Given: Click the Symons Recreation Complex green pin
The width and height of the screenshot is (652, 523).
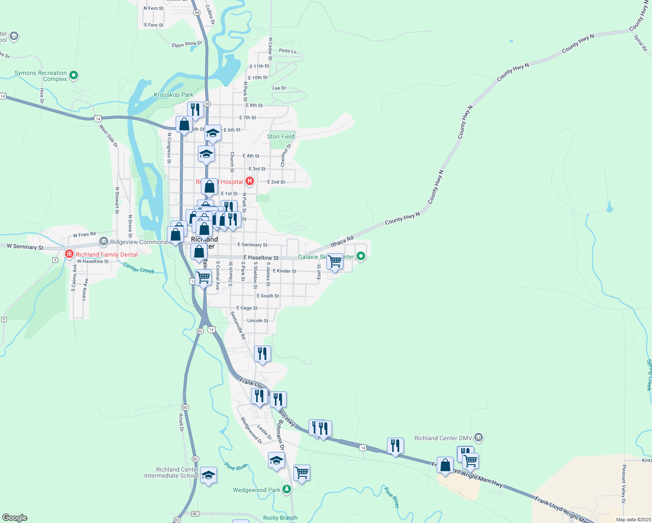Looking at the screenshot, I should (74, 75).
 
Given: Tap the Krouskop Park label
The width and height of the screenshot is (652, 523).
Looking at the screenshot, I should (173, 95).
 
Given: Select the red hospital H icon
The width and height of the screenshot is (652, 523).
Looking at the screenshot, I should (250, 181).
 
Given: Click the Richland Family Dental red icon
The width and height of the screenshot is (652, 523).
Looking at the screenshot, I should (69, 254).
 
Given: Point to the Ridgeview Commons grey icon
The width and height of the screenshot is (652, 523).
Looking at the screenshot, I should (104, 241).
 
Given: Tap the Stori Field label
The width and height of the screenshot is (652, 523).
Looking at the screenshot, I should (281, 136).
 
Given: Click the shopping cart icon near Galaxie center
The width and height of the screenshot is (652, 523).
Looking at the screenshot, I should (335, 261).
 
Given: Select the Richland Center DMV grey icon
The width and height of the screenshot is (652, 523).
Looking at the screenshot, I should (479, 437).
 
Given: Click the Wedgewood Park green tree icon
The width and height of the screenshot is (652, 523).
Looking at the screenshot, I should (286, 489).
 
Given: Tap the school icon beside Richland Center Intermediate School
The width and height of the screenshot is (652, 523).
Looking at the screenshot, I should (208, 475).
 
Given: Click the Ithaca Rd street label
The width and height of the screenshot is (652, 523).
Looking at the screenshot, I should (342, 241).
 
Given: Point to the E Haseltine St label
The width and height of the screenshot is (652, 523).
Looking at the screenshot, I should (261, 258).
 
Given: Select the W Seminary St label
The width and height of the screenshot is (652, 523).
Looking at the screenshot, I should (25, 247).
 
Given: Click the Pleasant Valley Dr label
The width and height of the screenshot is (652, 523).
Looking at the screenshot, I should (624, 484).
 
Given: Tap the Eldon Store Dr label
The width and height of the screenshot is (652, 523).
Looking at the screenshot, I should (187, 44).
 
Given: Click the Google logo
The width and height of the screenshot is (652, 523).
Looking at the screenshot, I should (15, 518).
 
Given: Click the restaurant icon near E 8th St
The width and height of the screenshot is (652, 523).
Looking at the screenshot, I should (195, 110).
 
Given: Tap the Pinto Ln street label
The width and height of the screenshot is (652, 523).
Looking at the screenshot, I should (288, 51).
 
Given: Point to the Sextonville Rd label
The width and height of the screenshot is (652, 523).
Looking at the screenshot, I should (238, 325).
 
